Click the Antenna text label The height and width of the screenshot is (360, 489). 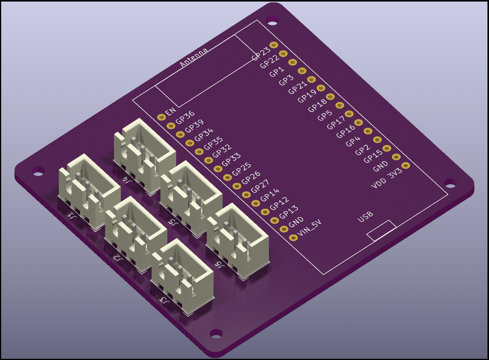coord(194,58)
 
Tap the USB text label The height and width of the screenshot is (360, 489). coord(365,218)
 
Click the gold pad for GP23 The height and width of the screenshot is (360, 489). coord(274,45)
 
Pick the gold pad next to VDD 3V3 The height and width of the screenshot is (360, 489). coord(406,166)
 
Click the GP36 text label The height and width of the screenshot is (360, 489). coord(185,117)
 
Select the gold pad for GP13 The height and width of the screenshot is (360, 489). coord(274,220)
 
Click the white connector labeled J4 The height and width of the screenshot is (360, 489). coord(144,154)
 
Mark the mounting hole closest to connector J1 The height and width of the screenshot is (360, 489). coord(38,171)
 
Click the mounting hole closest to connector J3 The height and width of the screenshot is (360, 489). coord(216,333)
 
